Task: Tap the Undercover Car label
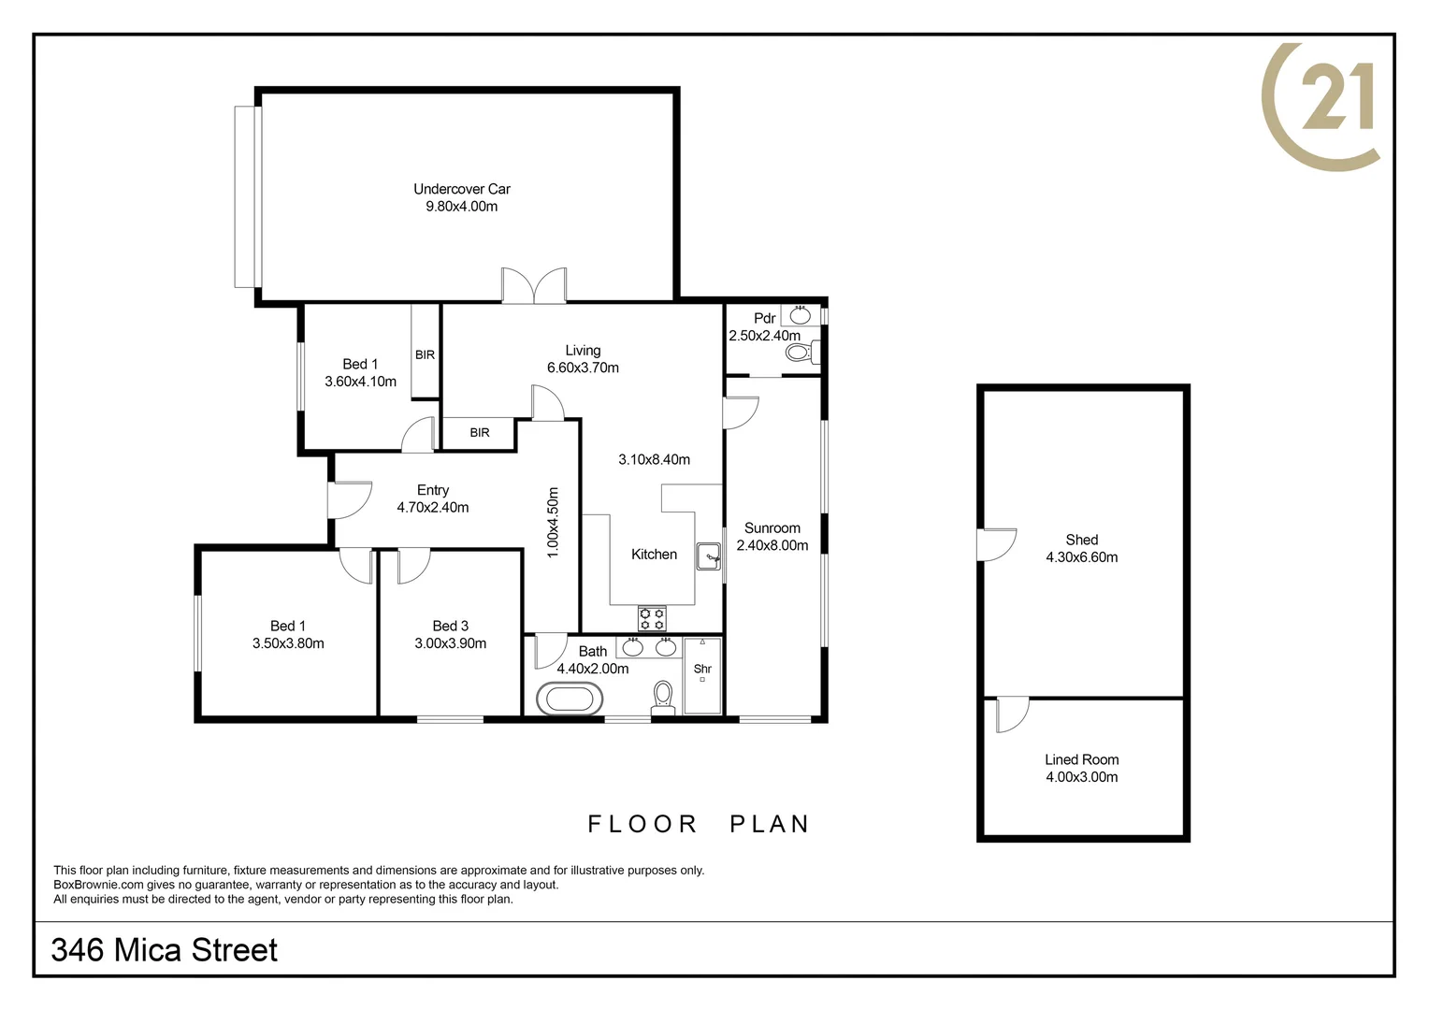click(462, 189)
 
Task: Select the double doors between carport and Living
click(534, 286)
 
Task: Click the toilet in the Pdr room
click(798, 353)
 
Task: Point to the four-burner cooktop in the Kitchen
click(652, 618)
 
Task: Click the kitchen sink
click(709, 556)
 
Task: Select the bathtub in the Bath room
click(570, 700)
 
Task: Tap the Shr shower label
click(702, 669)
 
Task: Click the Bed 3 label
click(450, 626)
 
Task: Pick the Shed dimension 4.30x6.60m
click(1081, 557)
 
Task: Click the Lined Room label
click(1081, 759)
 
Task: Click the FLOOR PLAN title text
click(698, 824)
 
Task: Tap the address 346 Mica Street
click(165, 950)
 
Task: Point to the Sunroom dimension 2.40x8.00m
click(772, 545)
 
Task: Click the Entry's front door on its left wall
click(348, 500)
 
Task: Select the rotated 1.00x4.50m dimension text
click(553, 523)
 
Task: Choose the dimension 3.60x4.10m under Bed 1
click(360, 382)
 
